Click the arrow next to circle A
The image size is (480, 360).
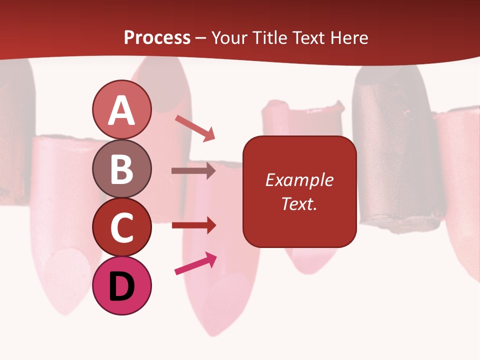coord(195,128)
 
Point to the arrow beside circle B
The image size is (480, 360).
coord(193,171)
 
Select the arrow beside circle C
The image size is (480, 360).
coord(193,225)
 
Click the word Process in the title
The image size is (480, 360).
coord(157,38)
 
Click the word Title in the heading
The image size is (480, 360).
coord(269,38)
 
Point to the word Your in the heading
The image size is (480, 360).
coord(230,38)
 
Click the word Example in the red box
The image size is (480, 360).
coord(299,180)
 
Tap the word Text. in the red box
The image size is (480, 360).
coord(299,203)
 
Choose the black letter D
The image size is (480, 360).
coord(121,287)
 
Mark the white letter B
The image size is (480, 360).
coord(121,169)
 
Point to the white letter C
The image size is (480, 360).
coord(121,228)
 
